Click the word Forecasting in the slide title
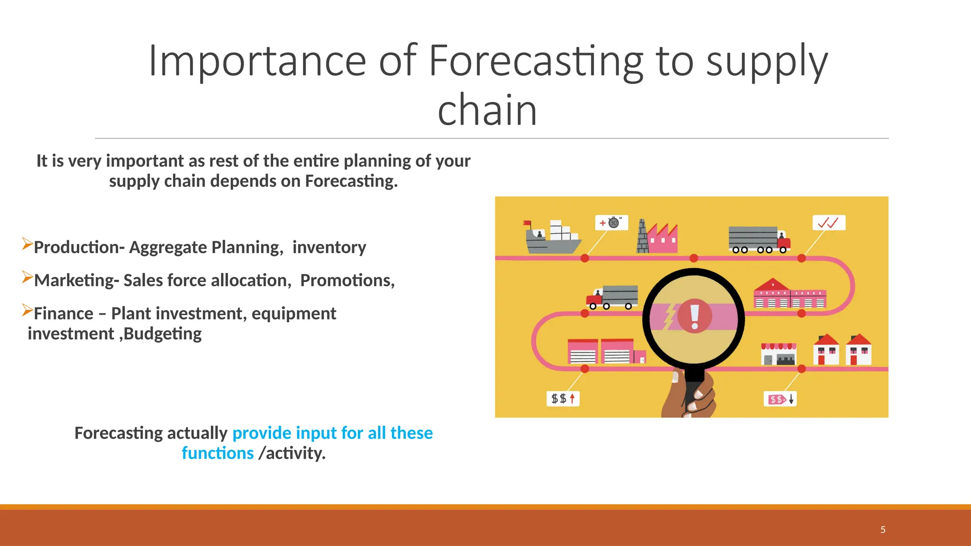point(536,62)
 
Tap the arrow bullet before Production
point(27,245)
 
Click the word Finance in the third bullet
point(64,314)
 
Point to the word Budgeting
point(163,334)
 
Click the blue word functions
point(218,454)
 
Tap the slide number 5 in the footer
point(883,529)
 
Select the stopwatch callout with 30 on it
point(612,223)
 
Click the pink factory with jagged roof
point(663,238)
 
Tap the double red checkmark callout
point(828,223)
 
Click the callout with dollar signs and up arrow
point(563,399)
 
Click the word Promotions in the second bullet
point(347,281)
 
